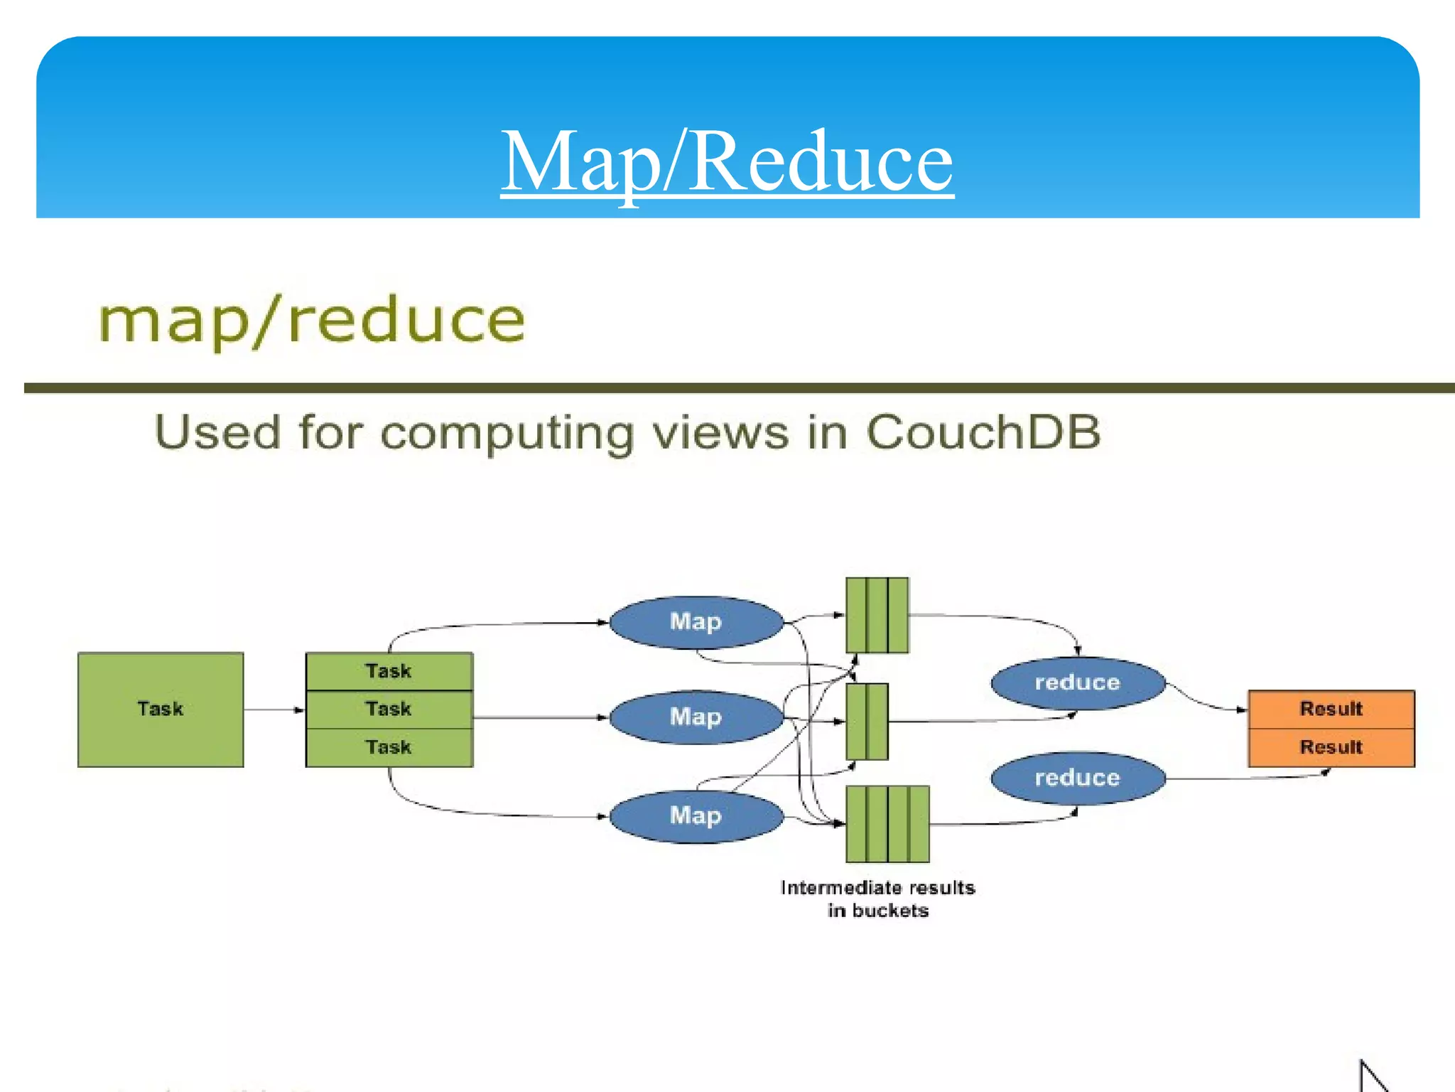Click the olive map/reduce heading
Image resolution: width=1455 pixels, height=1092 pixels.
311,321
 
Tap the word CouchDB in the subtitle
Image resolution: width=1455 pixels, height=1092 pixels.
983,432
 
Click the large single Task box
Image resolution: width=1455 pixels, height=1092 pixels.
161,710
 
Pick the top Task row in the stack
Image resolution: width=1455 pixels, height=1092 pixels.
389,671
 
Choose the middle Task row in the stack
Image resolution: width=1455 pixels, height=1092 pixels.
389,710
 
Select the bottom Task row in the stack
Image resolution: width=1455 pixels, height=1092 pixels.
389,748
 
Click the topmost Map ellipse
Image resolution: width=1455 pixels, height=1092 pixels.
696,622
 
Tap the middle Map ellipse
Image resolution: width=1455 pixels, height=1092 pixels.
696,717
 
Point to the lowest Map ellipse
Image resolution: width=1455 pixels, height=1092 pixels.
696,816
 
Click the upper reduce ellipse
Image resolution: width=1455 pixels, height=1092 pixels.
1077,683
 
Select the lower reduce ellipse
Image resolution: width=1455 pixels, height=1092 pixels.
1077,778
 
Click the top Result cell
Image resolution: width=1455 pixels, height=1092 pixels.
1331,710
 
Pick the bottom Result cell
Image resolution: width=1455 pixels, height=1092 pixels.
1331,748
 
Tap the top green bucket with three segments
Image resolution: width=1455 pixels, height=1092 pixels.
877,616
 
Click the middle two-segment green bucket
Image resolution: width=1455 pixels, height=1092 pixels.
867,722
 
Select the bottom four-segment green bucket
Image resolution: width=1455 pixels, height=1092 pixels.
887,824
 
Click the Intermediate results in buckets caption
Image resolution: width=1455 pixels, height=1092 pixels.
877,899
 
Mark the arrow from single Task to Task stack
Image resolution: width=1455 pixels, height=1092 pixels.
274,710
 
